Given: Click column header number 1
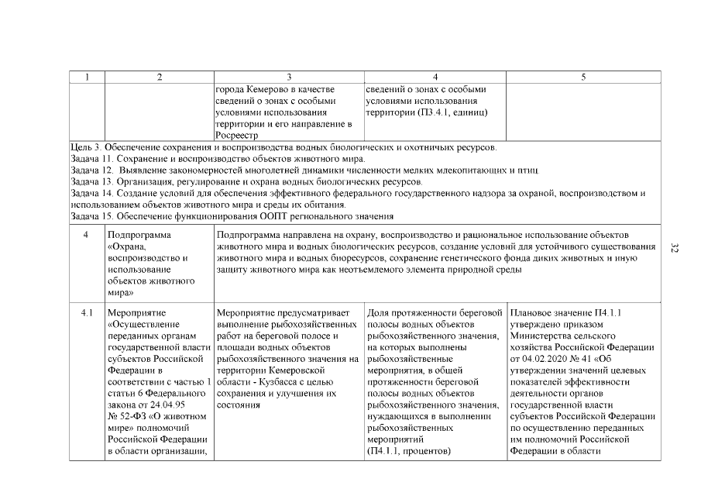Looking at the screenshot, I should pyautogui.click(x=88, y=77).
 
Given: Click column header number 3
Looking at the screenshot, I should pyautogui.click(x=288, y=77).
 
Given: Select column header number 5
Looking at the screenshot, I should pyautogui.click(x=582, y=77).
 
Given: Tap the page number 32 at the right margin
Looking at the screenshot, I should pyautogui.click(x=673, y=248).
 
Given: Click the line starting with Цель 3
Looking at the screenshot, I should pyautogui.click(x=283, y=147).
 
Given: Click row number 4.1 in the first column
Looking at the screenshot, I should pyautogui.click(x=88, y=312).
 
